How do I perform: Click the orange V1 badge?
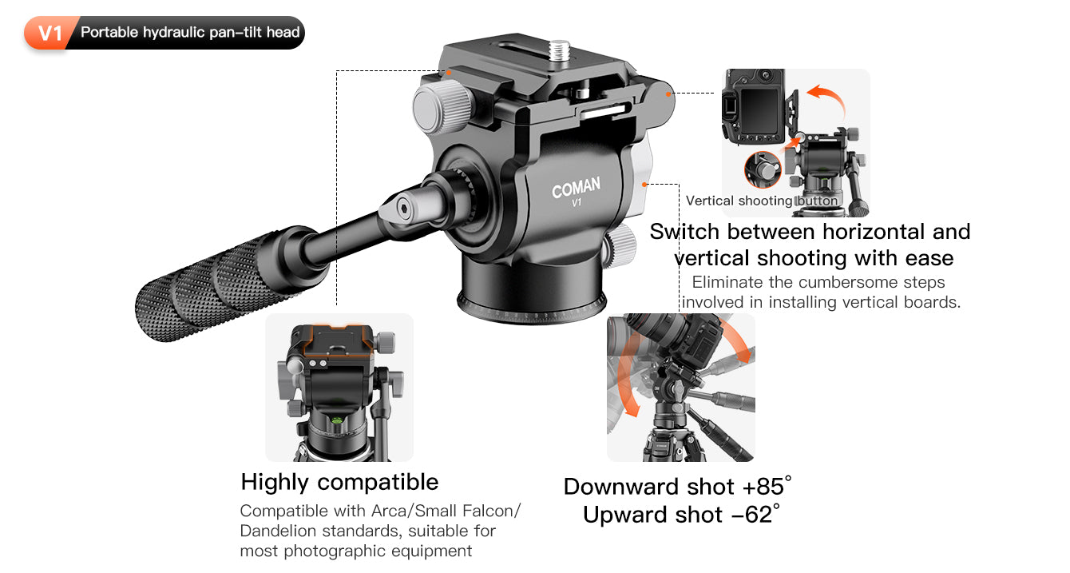point(50,33)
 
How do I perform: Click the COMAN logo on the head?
point(576,187)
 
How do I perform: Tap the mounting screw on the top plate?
point(560,50)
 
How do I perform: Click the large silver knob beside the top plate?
point(442,106)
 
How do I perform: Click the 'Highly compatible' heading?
point(339,482)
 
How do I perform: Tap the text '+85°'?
point(767,487)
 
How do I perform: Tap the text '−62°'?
point(755,515)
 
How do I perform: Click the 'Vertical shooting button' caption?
point(762,201)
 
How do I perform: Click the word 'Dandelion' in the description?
point(279,531)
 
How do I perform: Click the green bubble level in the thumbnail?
point(337,421)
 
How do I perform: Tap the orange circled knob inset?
point(763,169)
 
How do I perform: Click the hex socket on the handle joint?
point(403,209)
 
